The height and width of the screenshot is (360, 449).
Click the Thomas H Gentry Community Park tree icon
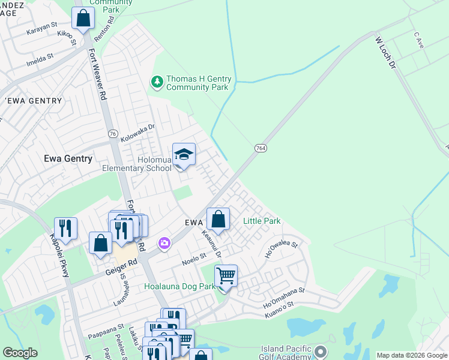(x=157, y=81)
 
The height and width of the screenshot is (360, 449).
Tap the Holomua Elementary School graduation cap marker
(x=184, y=155)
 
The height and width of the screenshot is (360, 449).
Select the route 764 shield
(x=260, y=148)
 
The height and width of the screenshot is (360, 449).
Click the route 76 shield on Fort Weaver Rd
(x=113, y=133)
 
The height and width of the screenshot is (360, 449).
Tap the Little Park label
(x=262, y=221)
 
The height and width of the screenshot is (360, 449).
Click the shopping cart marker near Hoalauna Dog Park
(x=226, y=277)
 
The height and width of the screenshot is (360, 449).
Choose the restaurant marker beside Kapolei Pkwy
(x=65, y=228)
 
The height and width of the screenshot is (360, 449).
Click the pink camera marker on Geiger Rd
(x=163, y=243)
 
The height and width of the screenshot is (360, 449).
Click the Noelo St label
(x=194, y=259)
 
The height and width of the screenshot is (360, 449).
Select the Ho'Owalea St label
(x=282, y=249)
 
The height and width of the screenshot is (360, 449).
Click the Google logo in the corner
(x=20, y=353)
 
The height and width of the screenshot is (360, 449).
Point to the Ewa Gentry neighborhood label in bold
(x=68, y=159)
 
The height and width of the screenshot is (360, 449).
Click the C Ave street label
(x=419, y=40)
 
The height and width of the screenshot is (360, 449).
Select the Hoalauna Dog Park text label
(x=179, y=287)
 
